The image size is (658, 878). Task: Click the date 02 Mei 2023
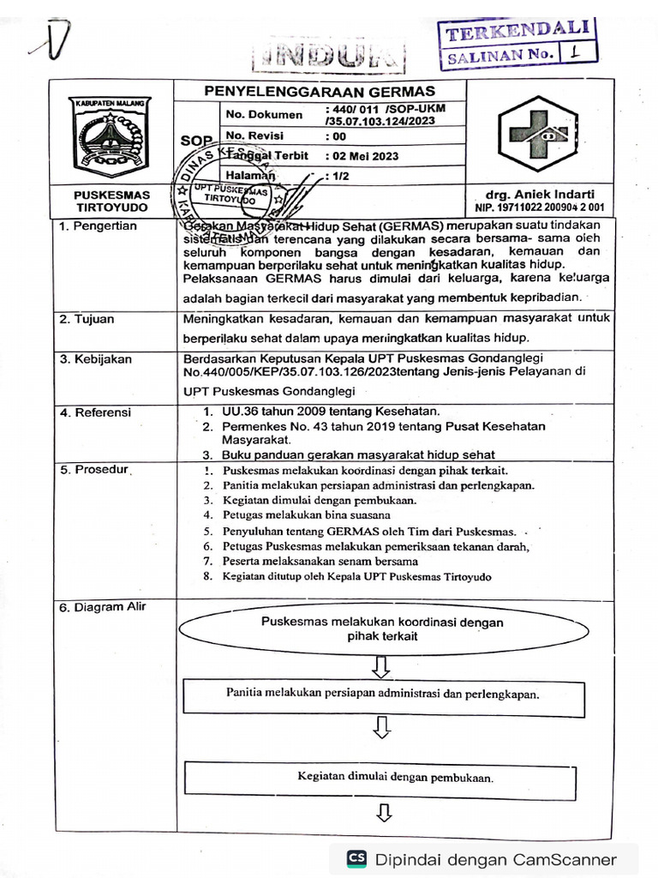[x=362, y=157]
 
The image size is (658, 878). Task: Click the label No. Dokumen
[x=264, y=115]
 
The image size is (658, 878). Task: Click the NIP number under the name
[x=539, y=207]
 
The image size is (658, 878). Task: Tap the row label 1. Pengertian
[x=98, y=226]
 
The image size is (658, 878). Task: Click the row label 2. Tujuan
[x=88, y=319]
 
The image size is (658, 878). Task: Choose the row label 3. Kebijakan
[x=96, y=359]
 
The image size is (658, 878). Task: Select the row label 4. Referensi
[x=96, y=412]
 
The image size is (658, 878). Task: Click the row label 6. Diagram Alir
[x=103, y=607]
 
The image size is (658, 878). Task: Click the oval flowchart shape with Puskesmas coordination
[x=382, y=629]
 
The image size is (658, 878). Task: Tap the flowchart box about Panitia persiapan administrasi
[x=382, y=695]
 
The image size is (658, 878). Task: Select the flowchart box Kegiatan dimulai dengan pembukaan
[x=382, y=778]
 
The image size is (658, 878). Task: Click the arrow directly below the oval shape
[x=382, y=665]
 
